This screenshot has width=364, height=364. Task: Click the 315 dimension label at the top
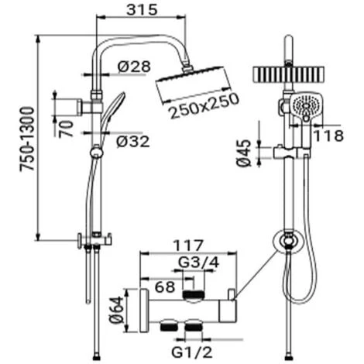click(x=142, y=10)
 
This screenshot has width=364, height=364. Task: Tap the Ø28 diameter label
click(x=134, y=67)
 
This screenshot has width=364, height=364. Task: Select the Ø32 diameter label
click(x=133, y=142)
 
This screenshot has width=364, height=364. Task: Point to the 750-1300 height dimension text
click(x=27, y=139)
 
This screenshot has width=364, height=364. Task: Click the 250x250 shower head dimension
click(x=204, y=105)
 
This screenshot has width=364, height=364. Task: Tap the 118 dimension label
click(x=328, y=136)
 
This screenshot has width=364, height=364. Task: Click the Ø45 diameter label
click(x=244, y=153)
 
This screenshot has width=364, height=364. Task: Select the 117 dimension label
click(x=188, y=246)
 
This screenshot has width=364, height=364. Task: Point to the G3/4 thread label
click(x=199, y=263)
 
